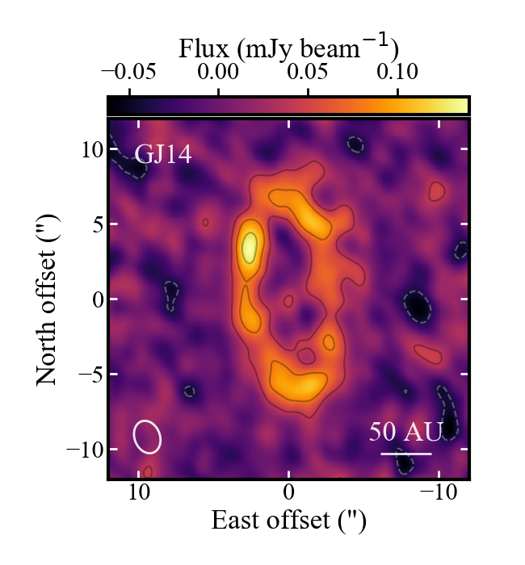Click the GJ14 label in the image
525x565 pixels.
pos(163,153)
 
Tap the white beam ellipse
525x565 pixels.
pos(147,436)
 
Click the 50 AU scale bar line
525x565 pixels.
pos(405,454)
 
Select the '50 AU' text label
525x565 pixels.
pos(405,432)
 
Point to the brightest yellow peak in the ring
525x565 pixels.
pos(250,245)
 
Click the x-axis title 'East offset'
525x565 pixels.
pos(288,521)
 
